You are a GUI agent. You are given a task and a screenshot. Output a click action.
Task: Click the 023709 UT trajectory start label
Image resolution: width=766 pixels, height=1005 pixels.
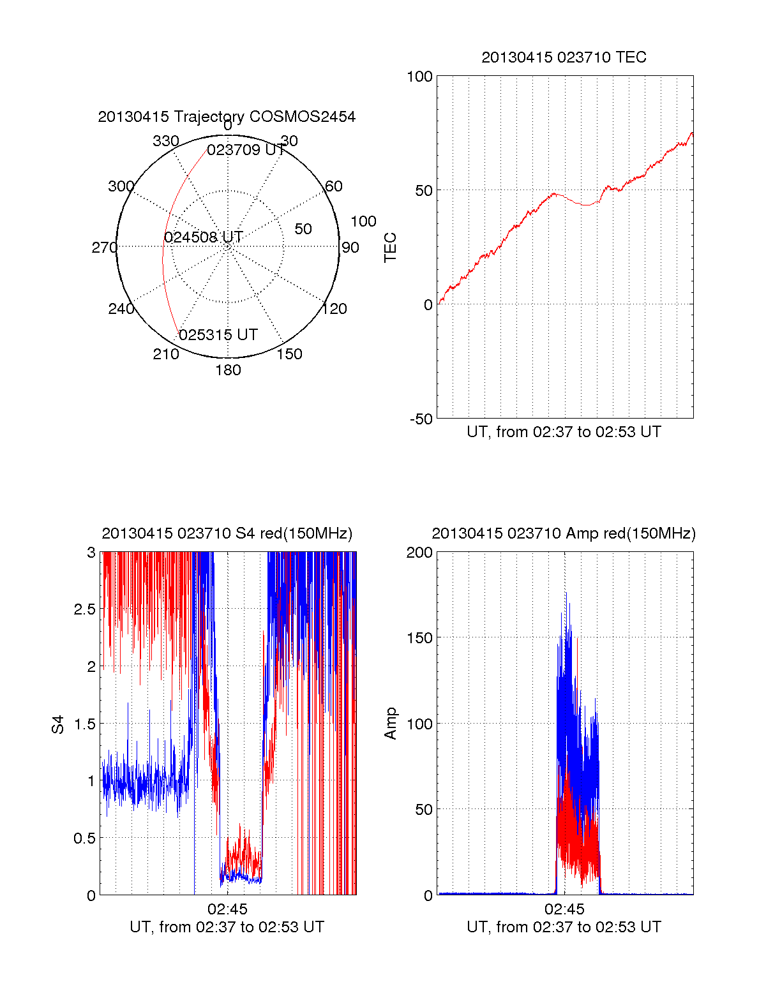tap(246, 150)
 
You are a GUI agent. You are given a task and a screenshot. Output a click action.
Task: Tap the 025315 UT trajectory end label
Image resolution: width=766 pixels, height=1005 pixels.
tap(218, 335)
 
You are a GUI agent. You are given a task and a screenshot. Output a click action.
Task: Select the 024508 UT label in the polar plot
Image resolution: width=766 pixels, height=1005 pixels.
tap(204, 237)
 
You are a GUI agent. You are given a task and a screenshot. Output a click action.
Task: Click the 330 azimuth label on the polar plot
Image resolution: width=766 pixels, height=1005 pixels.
tap(165, 141)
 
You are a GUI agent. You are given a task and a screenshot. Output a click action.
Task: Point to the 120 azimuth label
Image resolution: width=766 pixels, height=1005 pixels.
tap(334, 309)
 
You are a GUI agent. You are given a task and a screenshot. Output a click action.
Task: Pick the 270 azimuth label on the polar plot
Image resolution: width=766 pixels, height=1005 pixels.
tap(104, 248)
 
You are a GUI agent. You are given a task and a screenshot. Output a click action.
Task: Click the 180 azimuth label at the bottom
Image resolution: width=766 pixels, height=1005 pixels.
tap(228, 370)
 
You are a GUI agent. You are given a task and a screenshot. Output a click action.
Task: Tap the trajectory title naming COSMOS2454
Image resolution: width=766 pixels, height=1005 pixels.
tap(227, 117)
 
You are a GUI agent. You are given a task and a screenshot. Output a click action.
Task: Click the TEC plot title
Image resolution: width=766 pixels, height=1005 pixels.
tap(564, 57)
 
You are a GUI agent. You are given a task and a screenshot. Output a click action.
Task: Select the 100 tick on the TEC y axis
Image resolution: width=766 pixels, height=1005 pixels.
tap(420, 77)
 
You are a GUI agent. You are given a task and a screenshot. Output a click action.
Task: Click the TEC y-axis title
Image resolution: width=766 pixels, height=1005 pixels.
tap(390, 248)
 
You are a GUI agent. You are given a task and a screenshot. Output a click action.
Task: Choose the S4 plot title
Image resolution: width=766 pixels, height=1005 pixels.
tap(227, 533)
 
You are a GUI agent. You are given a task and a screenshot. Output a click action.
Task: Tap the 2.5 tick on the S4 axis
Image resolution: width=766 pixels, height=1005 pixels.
tap(85, 609)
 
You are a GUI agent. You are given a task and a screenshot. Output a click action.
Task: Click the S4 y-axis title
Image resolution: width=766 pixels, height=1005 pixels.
tap(58, 724)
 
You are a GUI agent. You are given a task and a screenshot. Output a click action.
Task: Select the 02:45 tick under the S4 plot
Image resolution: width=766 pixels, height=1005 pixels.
tap(227, 909)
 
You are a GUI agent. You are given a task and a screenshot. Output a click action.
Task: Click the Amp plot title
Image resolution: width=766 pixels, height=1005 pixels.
tap(564, 533)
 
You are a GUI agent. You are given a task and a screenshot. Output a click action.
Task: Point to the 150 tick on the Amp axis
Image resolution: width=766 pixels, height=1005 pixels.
tap(420, 638)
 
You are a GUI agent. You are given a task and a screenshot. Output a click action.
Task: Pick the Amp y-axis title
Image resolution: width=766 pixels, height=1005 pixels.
tap(390, 724)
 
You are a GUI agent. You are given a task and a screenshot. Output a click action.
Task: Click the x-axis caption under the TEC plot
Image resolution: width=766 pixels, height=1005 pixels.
tap(564, 432)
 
